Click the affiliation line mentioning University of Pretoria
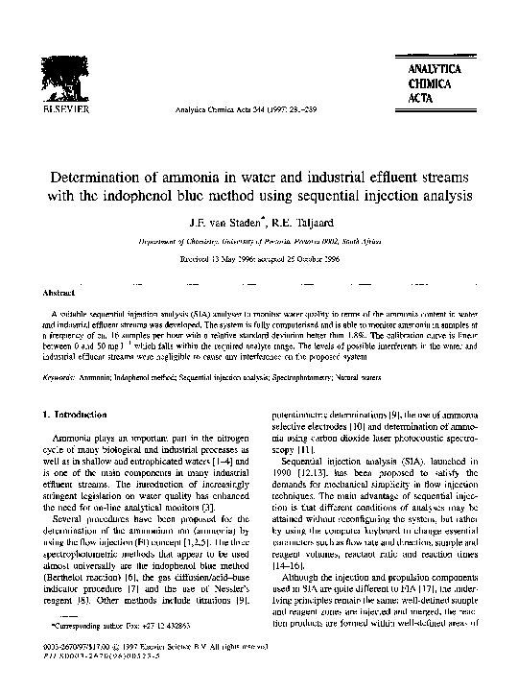point(259,243)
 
